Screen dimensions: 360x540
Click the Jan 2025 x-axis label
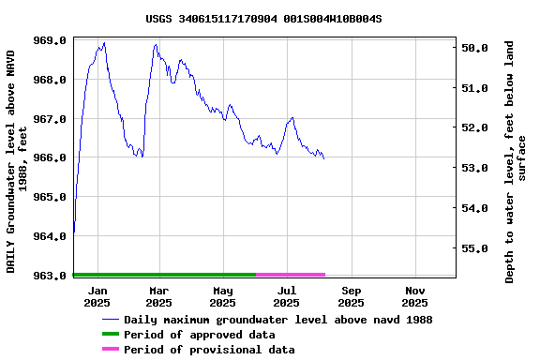coord(97,296)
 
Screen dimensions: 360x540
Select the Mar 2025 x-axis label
coord(158,296)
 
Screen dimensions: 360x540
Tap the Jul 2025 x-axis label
coord(287,296)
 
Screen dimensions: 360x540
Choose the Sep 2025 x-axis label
coord(351,296)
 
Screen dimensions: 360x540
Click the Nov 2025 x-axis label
coord(414,296)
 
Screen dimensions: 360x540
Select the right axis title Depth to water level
coord(516,161)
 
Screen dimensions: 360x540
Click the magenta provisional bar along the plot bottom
coord(291,275)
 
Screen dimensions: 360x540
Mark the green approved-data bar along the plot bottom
coord(164,275)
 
